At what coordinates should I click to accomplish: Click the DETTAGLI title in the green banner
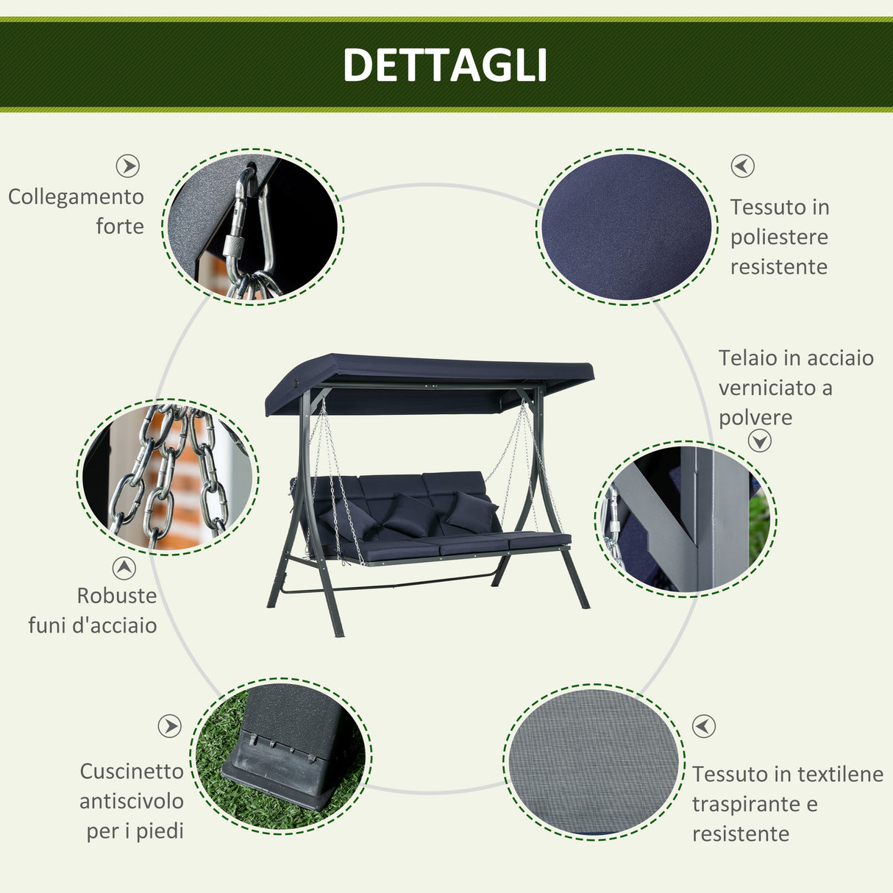pyautogui.click(x=445, y=65)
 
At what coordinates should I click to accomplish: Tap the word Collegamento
pyautogui.click(x=76, y=197)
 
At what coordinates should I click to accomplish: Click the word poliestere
pyautogui.click(x=779, y=237)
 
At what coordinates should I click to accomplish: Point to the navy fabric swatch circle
pyautogui.click(x=627, y=227)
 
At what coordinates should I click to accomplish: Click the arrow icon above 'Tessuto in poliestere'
pyautogui.click(x=742, y=166)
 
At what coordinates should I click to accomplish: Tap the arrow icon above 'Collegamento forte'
pyautogui.click(x=128, y=166)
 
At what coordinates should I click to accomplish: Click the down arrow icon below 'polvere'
pyautogui.click(x=760, y=441)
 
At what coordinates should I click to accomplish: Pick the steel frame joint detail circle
pyautogui.click(x=686, y=519)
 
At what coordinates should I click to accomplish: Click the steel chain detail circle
pyautogui.click(x=168, y=477)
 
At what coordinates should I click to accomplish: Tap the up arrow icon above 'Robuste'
pyautogui.click(x=124, y=568)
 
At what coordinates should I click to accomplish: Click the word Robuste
pyautogui.click(x=117, y=595)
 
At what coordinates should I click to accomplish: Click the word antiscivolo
pyautogui.click(x=132, y=801)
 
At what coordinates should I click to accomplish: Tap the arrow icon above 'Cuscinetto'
pyautogui.click(x=169, y=726)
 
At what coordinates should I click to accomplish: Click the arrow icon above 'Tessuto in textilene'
pyautogui.click(x=704, y=726)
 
